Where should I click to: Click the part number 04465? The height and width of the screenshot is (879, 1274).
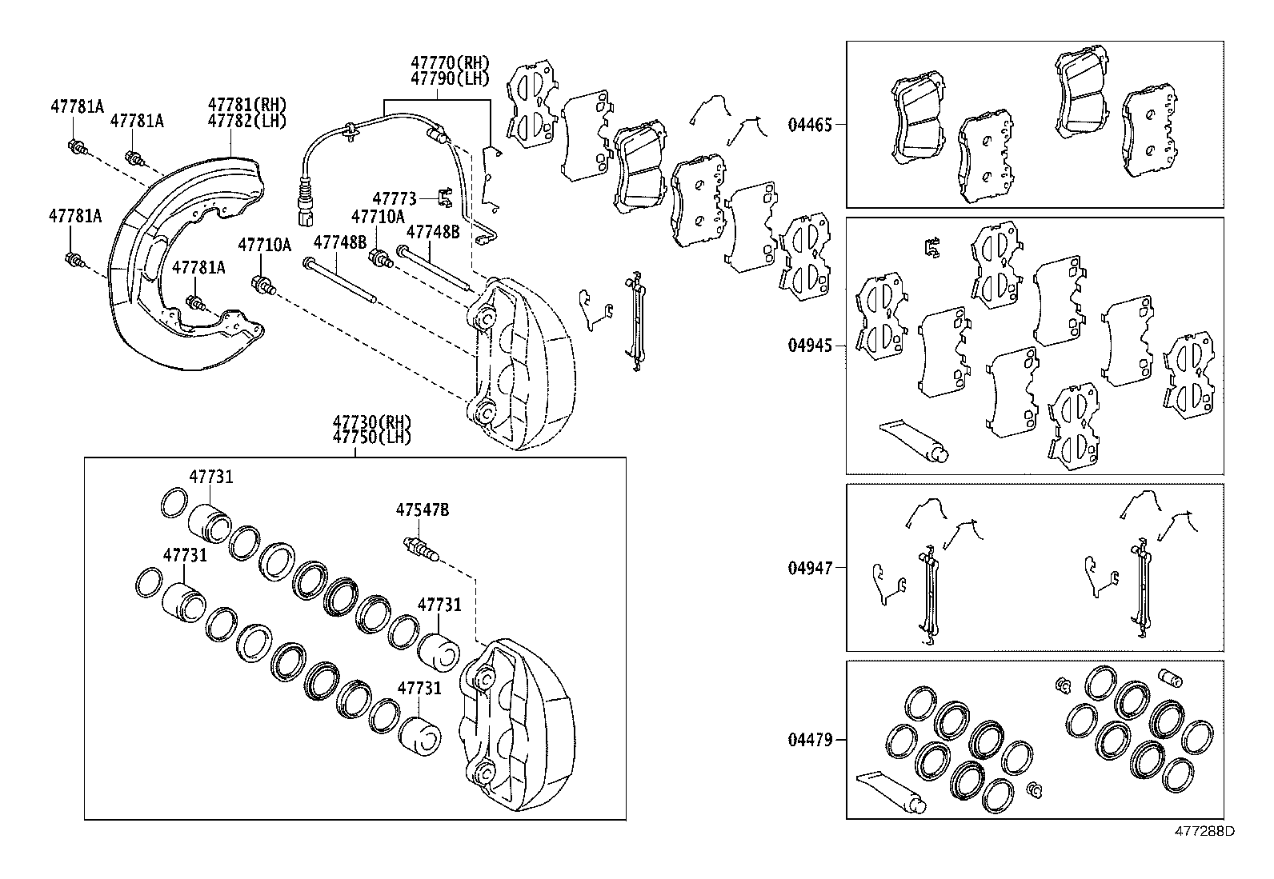click(x=810, y=125)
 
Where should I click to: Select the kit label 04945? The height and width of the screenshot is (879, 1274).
click(x=810, y=346)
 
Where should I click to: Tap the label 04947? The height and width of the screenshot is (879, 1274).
click(x=810, y=568)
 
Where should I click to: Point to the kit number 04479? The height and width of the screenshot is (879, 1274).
click(x=810, y=740)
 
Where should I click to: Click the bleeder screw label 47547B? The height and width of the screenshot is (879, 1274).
click(x=423, y=509)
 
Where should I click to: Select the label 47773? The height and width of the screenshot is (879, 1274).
click(x=395, y=198)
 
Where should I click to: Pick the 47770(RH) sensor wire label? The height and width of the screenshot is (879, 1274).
click(x=450, y=62)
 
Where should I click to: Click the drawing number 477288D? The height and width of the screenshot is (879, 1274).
click(x=1204, y=831)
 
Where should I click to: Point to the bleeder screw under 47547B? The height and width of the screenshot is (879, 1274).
click(x=421, y=549)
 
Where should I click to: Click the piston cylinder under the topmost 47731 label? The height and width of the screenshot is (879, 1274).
click(x=210, y=523)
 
